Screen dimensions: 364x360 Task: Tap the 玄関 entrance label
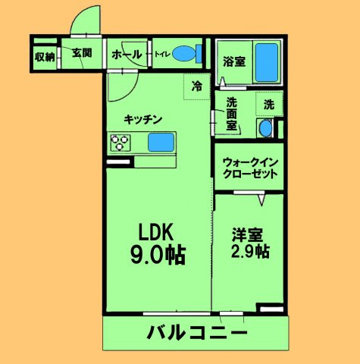[82, 53]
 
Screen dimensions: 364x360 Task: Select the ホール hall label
[125, 54]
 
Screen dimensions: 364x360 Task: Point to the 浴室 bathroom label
[233, 61]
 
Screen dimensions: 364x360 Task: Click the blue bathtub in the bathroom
[265, 63]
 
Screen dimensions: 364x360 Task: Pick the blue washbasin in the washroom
[265, 129]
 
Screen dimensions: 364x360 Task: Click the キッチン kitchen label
[144, 118]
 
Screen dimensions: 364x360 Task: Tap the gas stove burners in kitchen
[121, 142]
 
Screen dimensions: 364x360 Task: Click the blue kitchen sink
[160, 142]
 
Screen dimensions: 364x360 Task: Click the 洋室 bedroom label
[246, 234]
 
